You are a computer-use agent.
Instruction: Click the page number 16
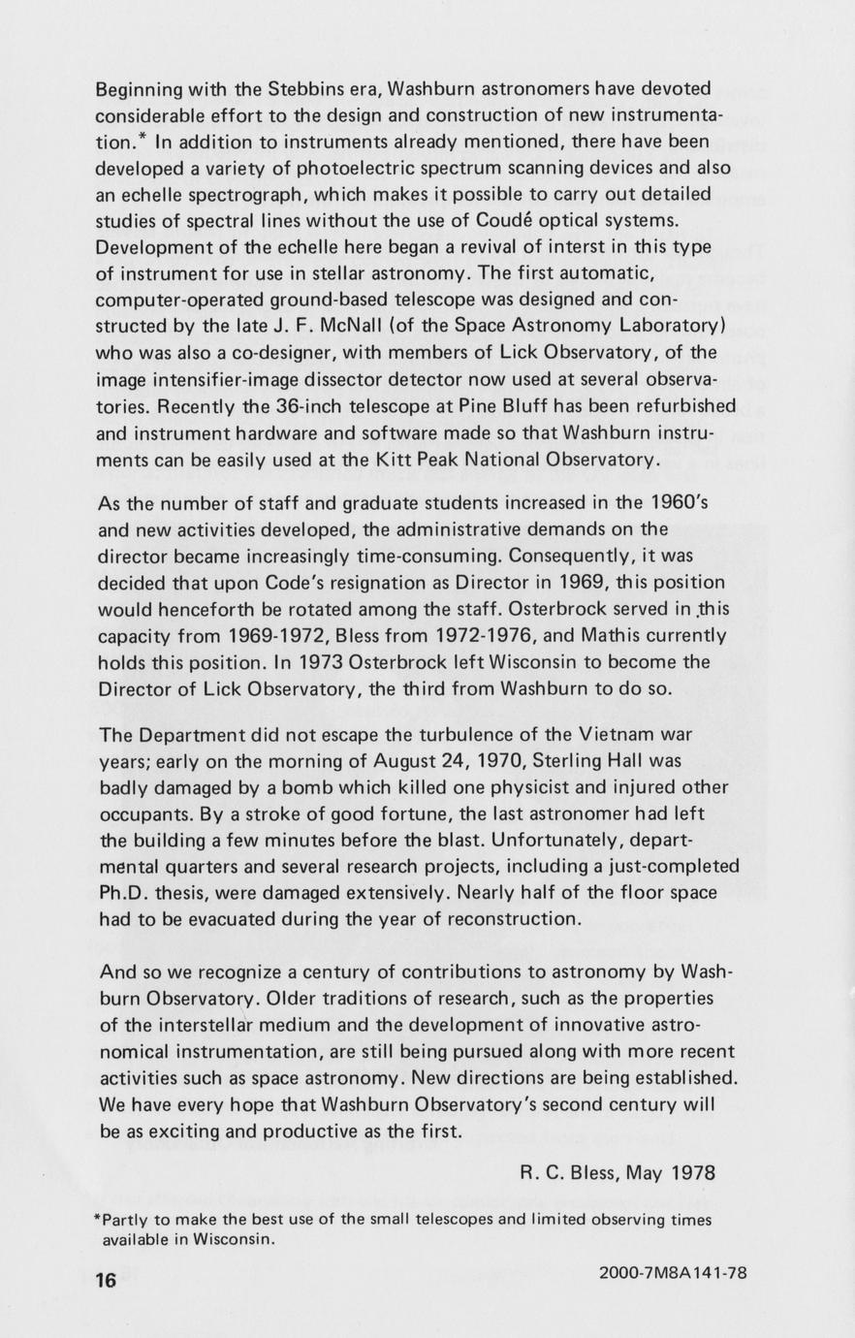106,1280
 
